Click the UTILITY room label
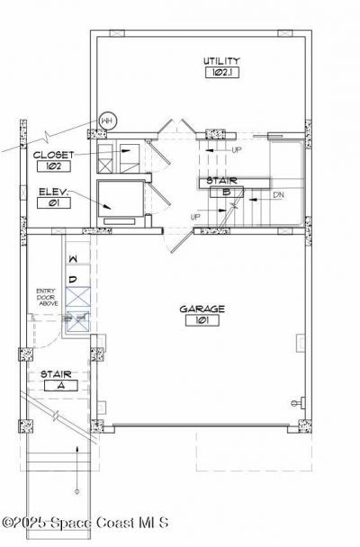tap(220, 60)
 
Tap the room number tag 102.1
tap(220, 71)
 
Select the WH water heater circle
tap(107, 120)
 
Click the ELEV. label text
tap(51, 192)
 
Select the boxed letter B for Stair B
tap(227, 192)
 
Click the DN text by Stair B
tap(279, 195)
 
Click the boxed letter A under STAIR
tap(60, 385)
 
